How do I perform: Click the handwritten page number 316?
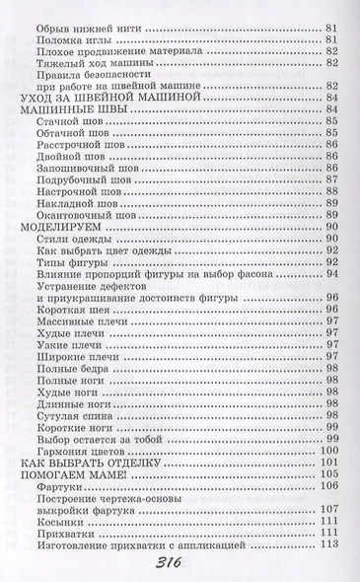point(180,565)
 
